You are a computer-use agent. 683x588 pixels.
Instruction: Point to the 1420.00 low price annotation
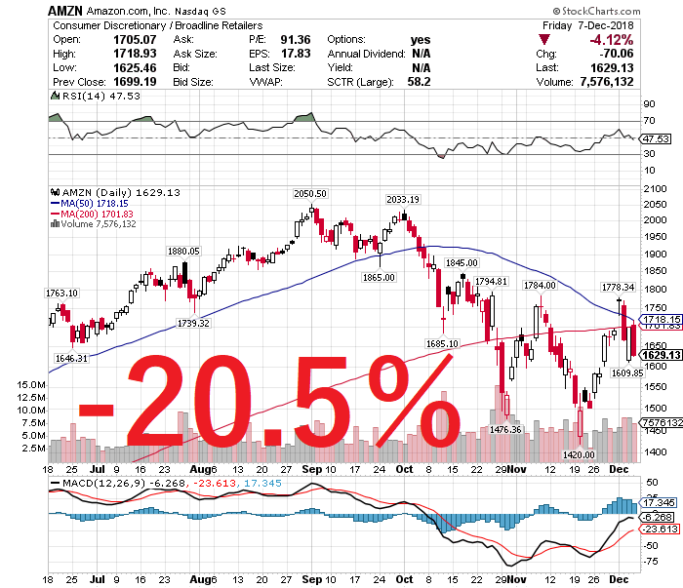[x=579, y=454]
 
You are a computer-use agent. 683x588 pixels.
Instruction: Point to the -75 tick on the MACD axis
[x=648, y=562]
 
